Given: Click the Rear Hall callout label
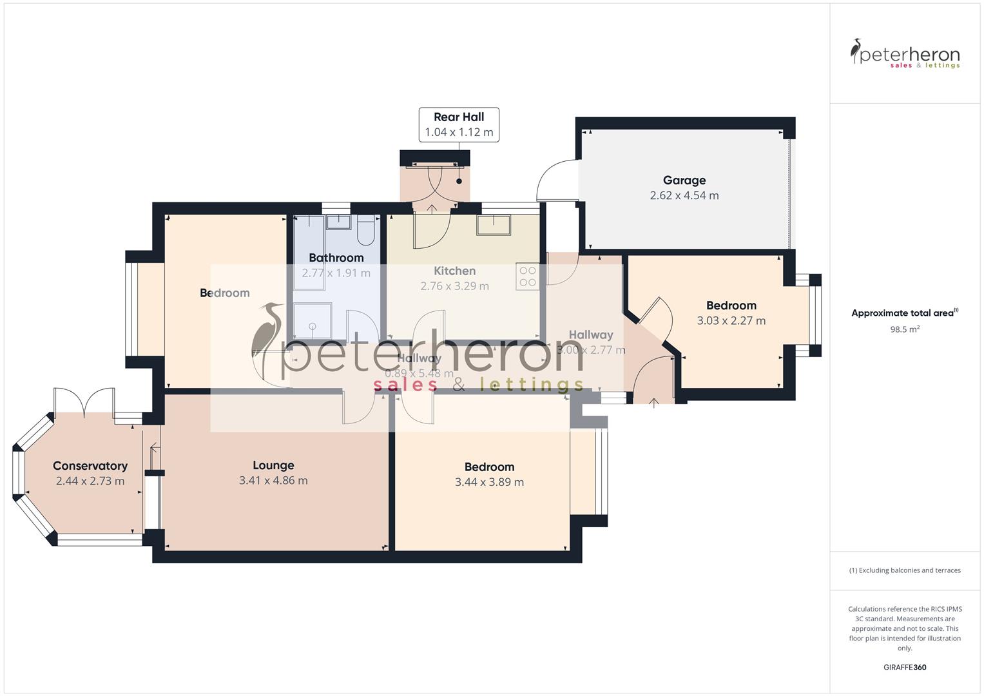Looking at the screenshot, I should tap(458, 117).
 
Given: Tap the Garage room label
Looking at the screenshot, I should tap(684, 180).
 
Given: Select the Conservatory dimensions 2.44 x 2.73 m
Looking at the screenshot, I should tap(90, 481).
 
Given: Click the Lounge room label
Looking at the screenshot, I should tap(273, 465).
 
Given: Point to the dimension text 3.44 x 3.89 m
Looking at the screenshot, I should tap(489, 482).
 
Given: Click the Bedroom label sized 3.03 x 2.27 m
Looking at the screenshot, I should tap(731, 305).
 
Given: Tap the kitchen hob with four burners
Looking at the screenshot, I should tap(528, 276).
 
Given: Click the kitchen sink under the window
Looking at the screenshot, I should tap(494, 225).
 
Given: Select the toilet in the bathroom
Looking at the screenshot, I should tap(365, 232).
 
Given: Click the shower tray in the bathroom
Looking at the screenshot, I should tap(313, 320).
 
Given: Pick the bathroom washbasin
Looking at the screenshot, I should tap(338, 222).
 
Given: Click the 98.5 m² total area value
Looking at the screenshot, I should tap(904, 329).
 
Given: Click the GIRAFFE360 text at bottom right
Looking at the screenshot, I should tap(904, 667).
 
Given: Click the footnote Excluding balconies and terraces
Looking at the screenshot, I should tap(904, 570).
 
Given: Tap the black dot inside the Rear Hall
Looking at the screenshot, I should tap(459, 181).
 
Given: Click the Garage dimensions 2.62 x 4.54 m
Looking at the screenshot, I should tap(684, 195).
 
